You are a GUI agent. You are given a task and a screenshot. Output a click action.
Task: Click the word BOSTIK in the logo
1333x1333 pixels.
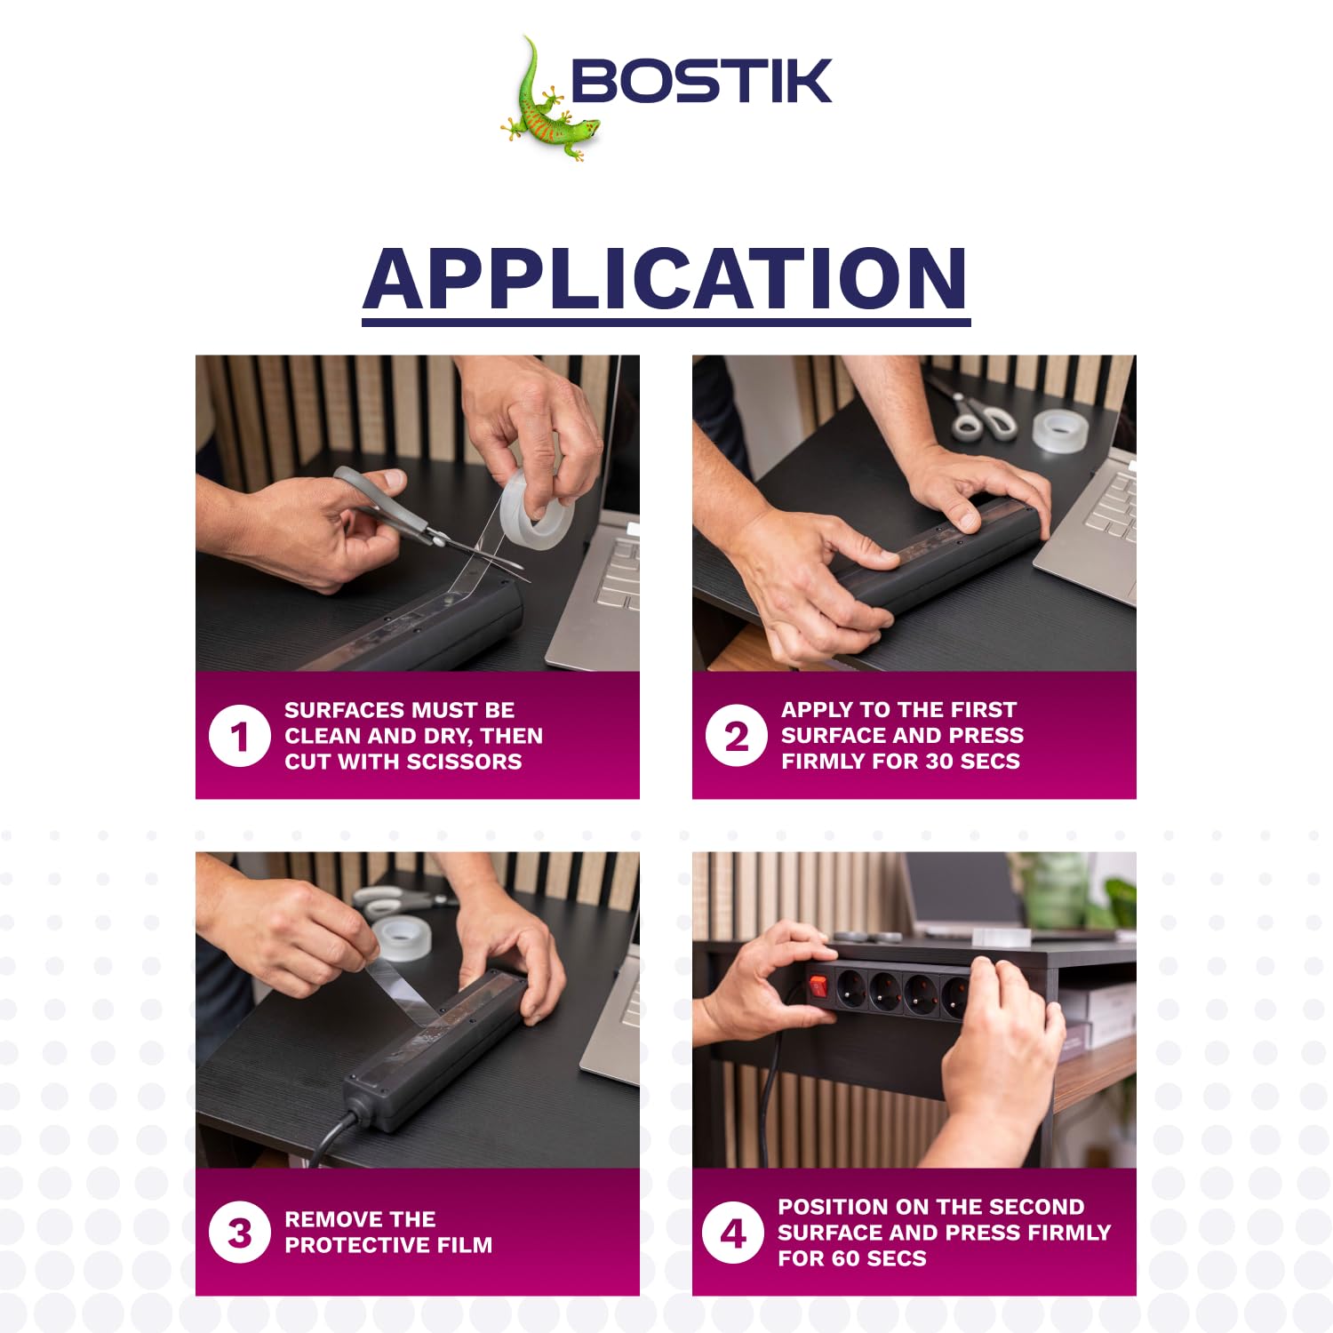[701, 81]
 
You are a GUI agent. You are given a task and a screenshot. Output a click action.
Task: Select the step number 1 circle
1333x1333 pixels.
[239, 736]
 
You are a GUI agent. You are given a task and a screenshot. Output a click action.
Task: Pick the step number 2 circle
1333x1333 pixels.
[736, 736]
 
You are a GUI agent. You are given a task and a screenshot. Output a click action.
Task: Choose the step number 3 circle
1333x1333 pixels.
[239, 1233]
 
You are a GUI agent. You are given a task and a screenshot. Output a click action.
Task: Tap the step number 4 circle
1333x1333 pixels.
[732, 1233]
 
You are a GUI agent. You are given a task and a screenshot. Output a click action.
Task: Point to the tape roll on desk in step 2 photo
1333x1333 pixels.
[1062, 430]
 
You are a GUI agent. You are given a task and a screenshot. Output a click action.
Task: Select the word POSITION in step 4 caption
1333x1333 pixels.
[835, 1207]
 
